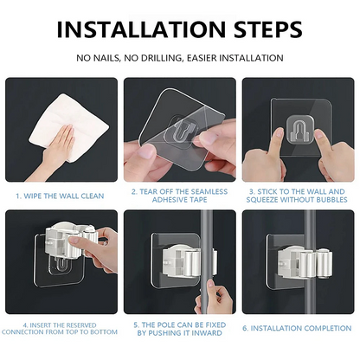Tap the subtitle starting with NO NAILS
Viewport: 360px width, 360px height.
pos(179,58)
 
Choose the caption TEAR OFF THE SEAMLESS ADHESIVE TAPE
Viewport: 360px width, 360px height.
pos(179,196)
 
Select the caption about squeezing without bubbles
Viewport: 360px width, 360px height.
pos(299,196)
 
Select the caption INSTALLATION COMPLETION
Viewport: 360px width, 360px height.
pos(299,328)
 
